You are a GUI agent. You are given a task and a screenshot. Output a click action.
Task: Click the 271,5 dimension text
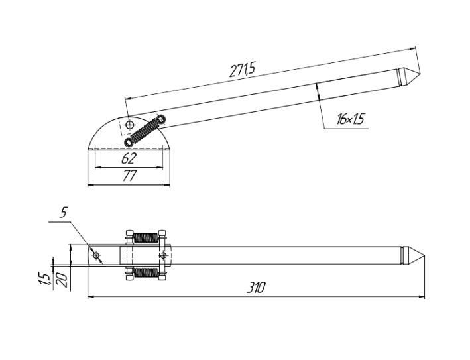242,70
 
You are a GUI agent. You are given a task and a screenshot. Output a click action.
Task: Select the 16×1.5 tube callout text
350,119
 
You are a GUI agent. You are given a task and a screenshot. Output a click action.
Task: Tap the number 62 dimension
129,158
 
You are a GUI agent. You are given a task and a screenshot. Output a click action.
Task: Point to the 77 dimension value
129,176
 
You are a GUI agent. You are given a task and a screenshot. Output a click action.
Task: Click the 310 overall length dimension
256,288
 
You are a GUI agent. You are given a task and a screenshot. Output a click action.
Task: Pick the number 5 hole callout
63,213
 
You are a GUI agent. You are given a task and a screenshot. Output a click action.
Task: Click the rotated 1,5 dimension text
44,279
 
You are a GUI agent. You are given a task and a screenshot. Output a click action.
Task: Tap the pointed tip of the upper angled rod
420,74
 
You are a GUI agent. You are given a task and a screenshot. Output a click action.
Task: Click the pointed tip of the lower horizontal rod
424,255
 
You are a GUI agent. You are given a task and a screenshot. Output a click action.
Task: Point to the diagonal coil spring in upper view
145,131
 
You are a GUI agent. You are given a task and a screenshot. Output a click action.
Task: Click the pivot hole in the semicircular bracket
129,125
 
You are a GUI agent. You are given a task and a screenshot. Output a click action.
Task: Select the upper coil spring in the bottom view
145,238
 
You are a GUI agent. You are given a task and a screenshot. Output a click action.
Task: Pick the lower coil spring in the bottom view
145,272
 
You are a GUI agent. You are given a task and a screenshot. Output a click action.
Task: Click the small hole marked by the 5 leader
96,255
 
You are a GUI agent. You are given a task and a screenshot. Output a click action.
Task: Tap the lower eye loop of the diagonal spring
129,142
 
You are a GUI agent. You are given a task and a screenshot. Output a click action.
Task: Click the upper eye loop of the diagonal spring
161,119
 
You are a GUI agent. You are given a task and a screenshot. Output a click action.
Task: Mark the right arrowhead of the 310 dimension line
422,297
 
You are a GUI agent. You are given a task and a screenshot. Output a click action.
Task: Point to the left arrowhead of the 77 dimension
91,185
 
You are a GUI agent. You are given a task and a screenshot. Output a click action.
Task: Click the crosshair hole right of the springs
163,255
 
